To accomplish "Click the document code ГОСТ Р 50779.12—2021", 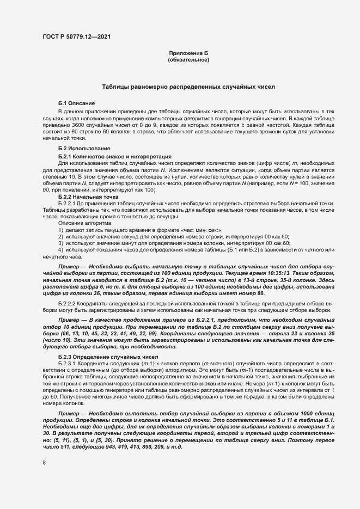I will pos(78,37).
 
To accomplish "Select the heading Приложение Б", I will pos(188,52).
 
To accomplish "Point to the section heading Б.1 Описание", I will pos(77,103).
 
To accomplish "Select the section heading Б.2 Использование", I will pos(84,149).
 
